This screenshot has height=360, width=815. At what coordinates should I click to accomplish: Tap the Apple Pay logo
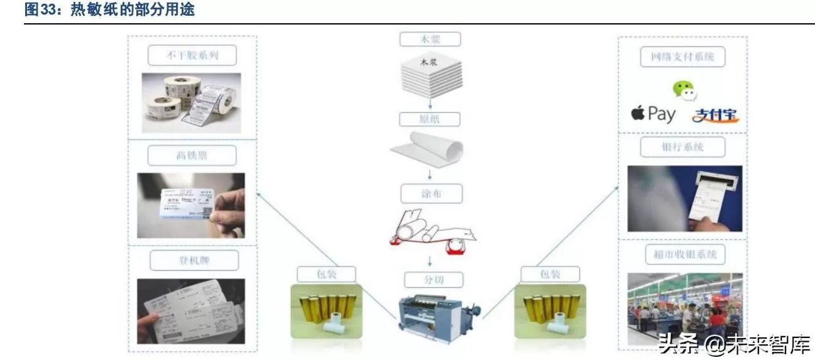[653, 114]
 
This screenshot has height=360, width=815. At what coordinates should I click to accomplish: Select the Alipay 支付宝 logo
[715, 115]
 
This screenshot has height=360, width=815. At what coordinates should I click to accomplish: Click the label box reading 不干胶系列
[192, 55]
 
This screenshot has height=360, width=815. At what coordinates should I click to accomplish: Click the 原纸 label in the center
[430, 119]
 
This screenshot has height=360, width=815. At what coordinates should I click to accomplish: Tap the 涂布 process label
[430, 192]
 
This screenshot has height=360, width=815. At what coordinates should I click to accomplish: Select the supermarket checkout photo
[685, 308]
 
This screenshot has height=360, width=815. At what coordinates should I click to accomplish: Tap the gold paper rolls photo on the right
[550, 312]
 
